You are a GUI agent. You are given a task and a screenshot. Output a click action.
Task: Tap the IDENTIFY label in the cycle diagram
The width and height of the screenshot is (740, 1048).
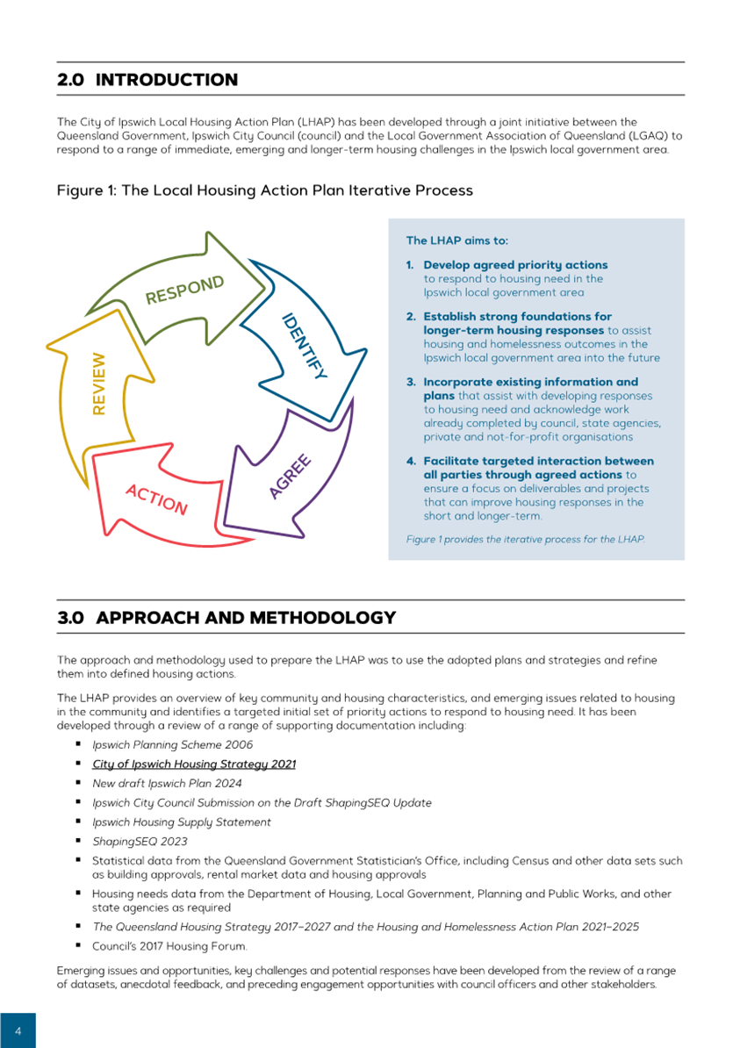pyautogui.click(x=304, y=346)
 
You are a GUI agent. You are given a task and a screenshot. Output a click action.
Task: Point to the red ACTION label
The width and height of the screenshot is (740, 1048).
pyautogui.click(x=156, y=499)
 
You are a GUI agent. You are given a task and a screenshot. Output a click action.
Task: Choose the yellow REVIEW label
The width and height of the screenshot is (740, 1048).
pyautogui.click(x=98, y=384)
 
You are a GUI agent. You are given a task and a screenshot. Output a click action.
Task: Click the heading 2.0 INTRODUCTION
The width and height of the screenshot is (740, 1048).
pyautogui.click(x=147, y=80)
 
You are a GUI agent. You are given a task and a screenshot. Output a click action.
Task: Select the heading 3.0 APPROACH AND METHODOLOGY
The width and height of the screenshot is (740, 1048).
pyautogui.click(x=226, y=618)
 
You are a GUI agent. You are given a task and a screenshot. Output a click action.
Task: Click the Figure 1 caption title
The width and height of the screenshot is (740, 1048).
pyautogui.click(x=265, y=190)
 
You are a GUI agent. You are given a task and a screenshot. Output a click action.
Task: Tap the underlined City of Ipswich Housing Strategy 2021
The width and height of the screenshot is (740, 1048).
pyautogui.click(x=194, y=764)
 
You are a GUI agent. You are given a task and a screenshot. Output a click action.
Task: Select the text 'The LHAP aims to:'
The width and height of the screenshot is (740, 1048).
pyautogui.click(x=456, y=240)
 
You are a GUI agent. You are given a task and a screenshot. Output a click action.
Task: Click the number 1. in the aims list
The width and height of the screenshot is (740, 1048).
pyautogui.click(x=410, y=264)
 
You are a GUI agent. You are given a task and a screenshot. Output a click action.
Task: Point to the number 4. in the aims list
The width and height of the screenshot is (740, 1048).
pyautogui.click(x=410, y=461)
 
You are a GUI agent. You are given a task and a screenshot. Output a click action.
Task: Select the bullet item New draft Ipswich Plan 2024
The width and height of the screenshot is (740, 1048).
pyautogui.click(x=167, y=783)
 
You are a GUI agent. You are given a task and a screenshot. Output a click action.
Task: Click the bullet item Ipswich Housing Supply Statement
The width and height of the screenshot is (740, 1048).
pyautogui.click(x=182, y=822)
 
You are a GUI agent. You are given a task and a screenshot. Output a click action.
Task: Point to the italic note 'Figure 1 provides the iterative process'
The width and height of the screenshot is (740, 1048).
pyautogui.click(x=525, y=538)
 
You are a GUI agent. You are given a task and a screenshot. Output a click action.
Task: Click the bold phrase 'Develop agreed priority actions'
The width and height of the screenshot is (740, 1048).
pyautogui.click(x=515, y=264)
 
